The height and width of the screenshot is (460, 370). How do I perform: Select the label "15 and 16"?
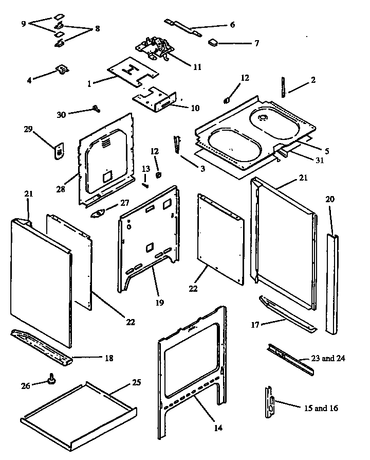coord(320,408)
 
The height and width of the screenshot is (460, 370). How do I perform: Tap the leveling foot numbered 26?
coord(51,380)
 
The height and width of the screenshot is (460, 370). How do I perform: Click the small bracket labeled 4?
coord(61,69)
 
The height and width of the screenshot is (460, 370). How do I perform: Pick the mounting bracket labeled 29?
coord(60,151)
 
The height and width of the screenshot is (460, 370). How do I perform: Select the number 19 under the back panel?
coord(160,303)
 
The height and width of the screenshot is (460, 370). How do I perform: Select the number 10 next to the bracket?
coord(180,109)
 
